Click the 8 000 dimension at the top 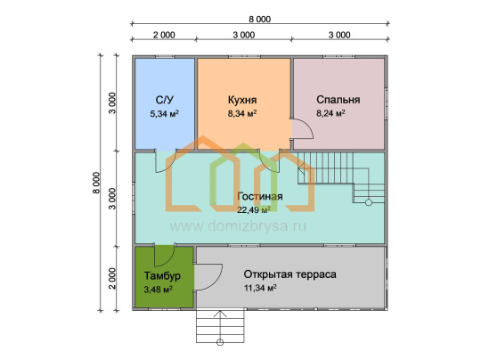click(259, 20)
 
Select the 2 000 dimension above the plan click(164, 35)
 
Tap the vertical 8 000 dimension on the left click(96, 183)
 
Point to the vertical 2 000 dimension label click(113, 278)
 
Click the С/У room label click(165, 100)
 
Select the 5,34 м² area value click(165, 113)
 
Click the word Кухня click(242, 100)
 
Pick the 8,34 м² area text click(242, 113)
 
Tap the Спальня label click(338, 100)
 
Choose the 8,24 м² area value click(330, 113)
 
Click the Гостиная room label click(260, 196)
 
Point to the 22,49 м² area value click(254, 210)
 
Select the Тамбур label click(162, 275)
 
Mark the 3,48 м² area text click(158, 290)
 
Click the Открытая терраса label click(289, 274)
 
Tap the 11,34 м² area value click(260, 288)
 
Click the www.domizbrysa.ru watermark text click(238, 226)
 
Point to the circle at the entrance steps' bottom click(220, 342)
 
